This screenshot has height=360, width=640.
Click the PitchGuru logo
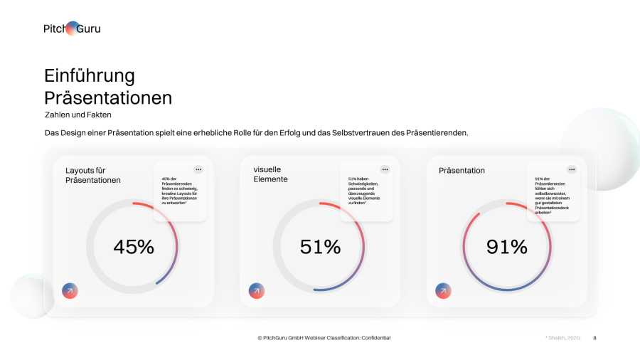pos(72,28)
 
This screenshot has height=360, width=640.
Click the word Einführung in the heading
pos(89,75)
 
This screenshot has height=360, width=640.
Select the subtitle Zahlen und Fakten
pos(78,115)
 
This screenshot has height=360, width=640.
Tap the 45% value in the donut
pos(134,247)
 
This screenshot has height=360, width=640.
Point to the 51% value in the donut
pos(320,247)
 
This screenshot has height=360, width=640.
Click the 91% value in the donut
pos(507,247)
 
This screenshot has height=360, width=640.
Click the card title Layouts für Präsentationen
pos(93,175)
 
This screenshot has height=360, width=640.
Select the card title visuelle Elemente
pos(271,174)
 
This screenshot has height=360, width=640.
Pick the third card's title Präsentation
pos(462,171)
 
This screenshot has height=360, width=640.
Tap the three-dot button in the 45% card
pos(198,169)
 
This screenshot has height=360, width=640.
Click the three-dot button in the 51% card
pos(385,169)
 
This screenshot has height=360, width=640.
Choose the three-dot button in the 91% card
pos(571,169)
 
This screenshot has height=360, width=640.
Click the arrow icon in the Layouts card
pos(70,290)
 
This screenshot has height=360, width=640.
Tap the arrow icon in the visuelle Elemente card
pos(256,290)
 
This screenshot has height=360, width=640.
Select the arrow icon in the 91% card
pos(443,290)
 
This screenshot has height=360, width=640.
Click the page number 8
pos(594,338)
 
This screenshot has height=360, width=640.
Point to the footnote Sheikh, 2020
pos(564,338)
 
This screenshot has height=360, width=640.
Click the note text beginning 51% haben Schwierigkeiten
pos(365,191)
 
